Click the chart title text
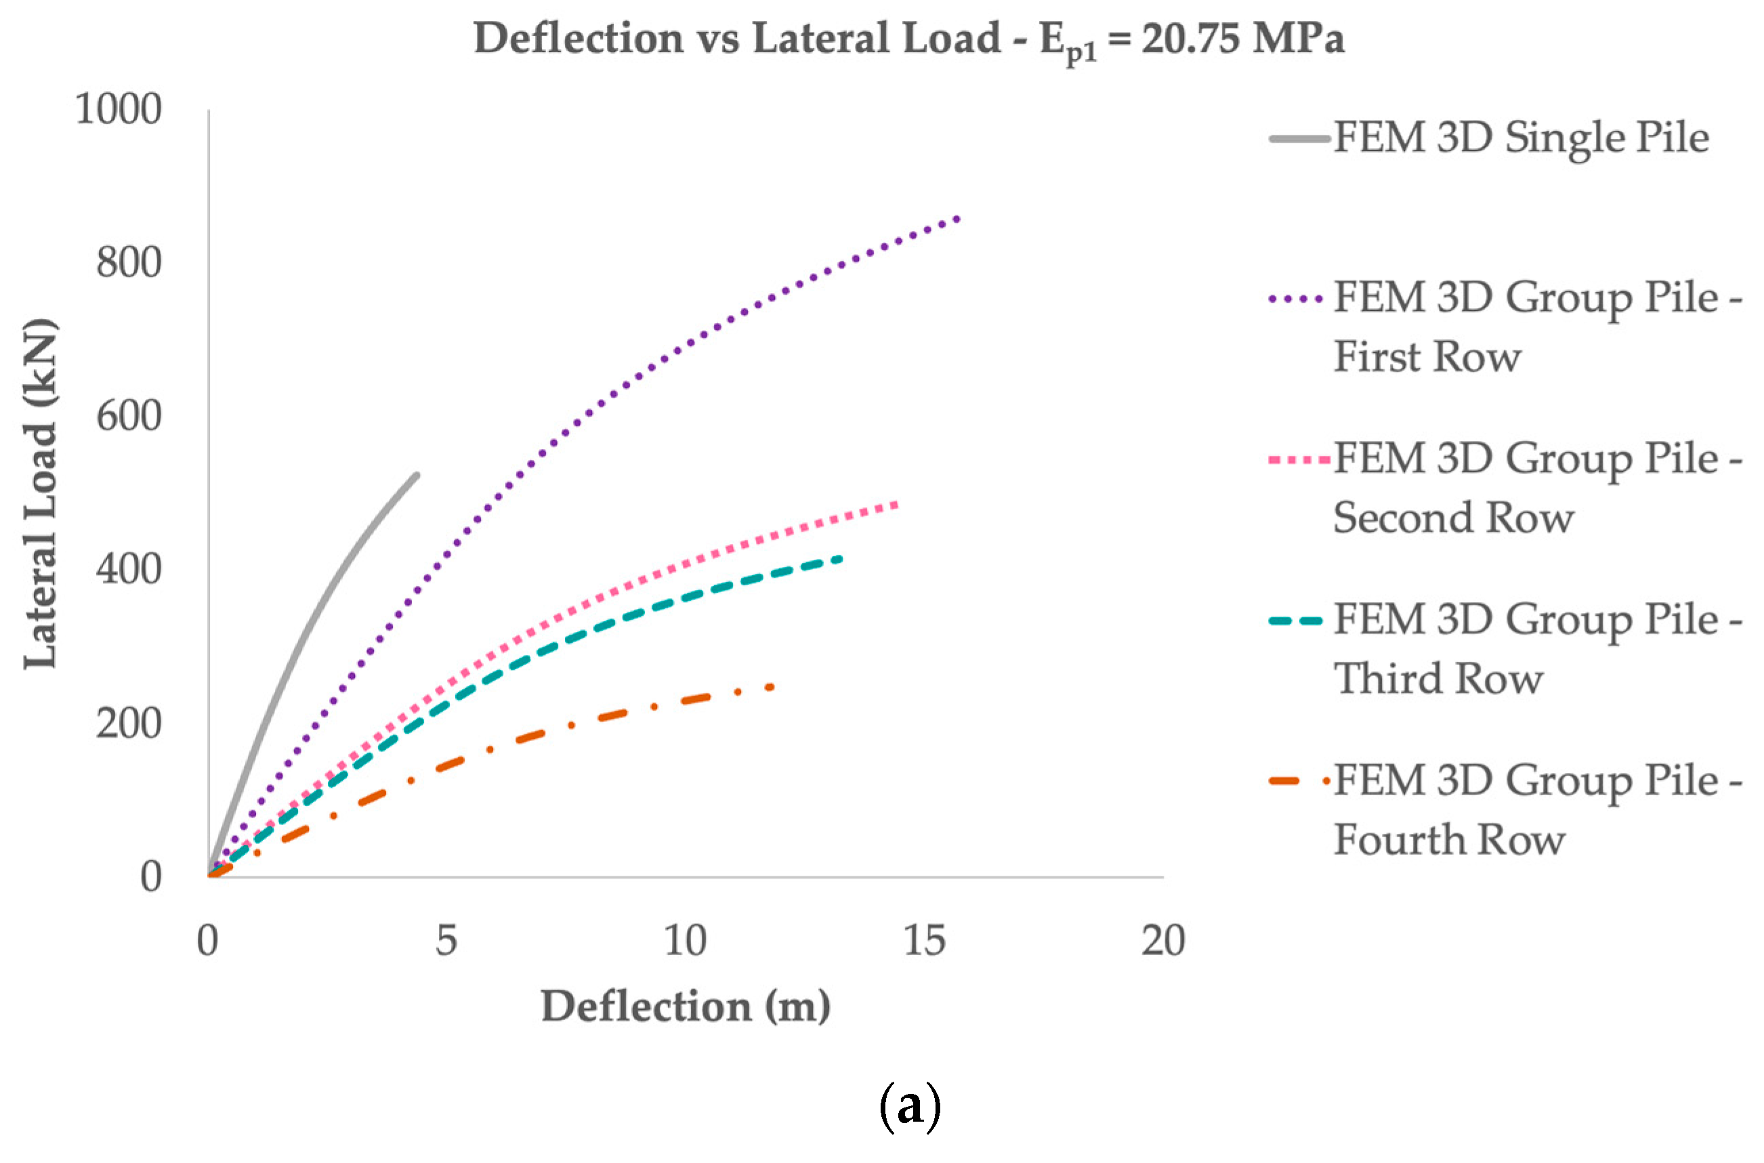coord(908,39)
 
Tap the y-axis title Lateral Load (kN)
coord(40,493)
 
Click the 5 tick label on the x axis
coord(446,940)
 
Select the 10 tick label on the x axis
coord(685,940)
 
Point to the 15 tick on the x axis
coord(924,940)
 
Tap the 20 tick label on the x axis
coord(1162,940)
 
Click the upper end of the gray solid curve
coord(417,475)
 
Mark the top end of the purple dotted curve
coord(958,219)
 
